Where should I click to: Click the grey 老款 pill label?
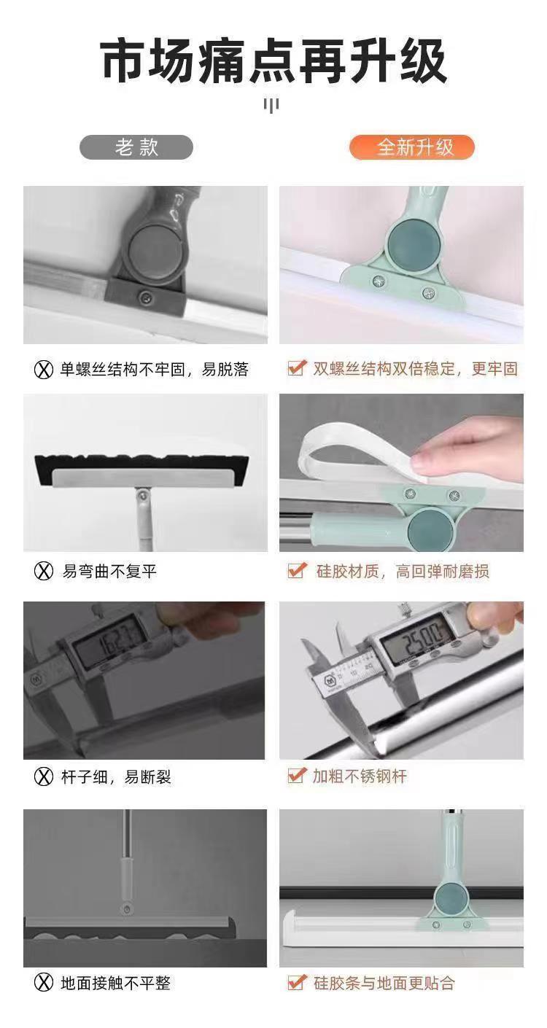(x=136, y=147)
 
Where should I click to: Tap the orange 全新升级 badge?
(x=411, y=147)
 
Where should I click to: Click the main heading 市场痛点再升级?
(x=273, y=61)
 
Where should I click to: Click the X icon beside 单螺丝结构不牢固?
(x=44, y=370)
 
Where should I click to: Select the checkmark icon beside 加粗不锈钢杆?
(x=297, y=776)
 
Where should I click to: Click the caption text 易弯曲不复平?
(x=109, y=572)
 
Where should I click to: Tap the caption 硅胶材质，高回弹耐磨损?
(x=403, y=572)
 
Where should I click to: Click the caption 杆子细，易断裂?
(x=116, y=777)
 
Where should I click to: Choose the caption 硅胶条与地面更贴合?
(x=384, y=983)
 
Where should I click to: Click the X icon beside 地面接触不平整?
(x=44, y=983)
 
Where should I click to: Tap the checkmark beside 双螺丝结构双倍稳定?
(x=297, y=368)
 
